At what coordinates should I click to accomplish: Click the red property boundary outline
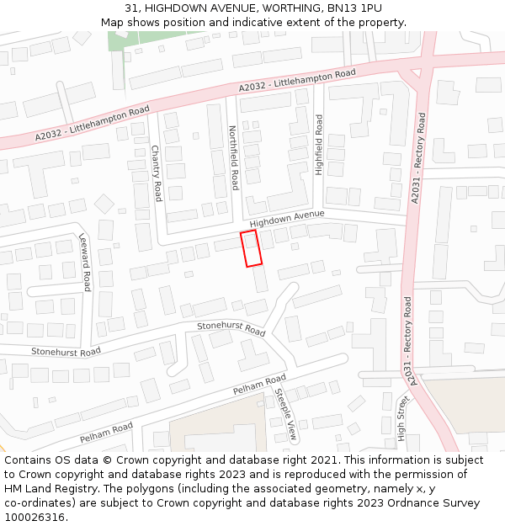point(251,248)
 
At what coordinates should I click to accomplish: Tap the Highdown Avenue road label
point(287,220)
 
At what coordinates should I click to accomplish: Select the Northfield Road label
point(234,157)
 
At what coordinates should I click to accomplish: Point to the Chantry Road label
point(156,173)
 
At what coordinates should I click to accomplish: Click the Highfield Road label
point(319,145)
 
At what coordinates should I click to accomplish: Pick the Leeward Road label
point(84,263)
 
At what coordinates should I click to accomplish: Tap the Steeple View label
point(288,414)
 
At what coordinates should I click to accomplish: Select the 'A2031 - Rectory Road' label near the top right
point(417,157)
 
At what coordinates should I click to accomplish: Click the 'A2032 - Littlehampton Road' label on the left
point(93,123)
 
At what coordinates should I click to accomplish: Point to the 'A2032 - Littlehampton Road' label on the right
point(297,81)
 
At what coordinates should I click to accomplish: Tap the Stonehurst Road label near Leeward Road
point(66,351)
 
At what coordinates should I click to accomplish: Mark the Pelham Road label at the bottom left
point(107,433)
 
